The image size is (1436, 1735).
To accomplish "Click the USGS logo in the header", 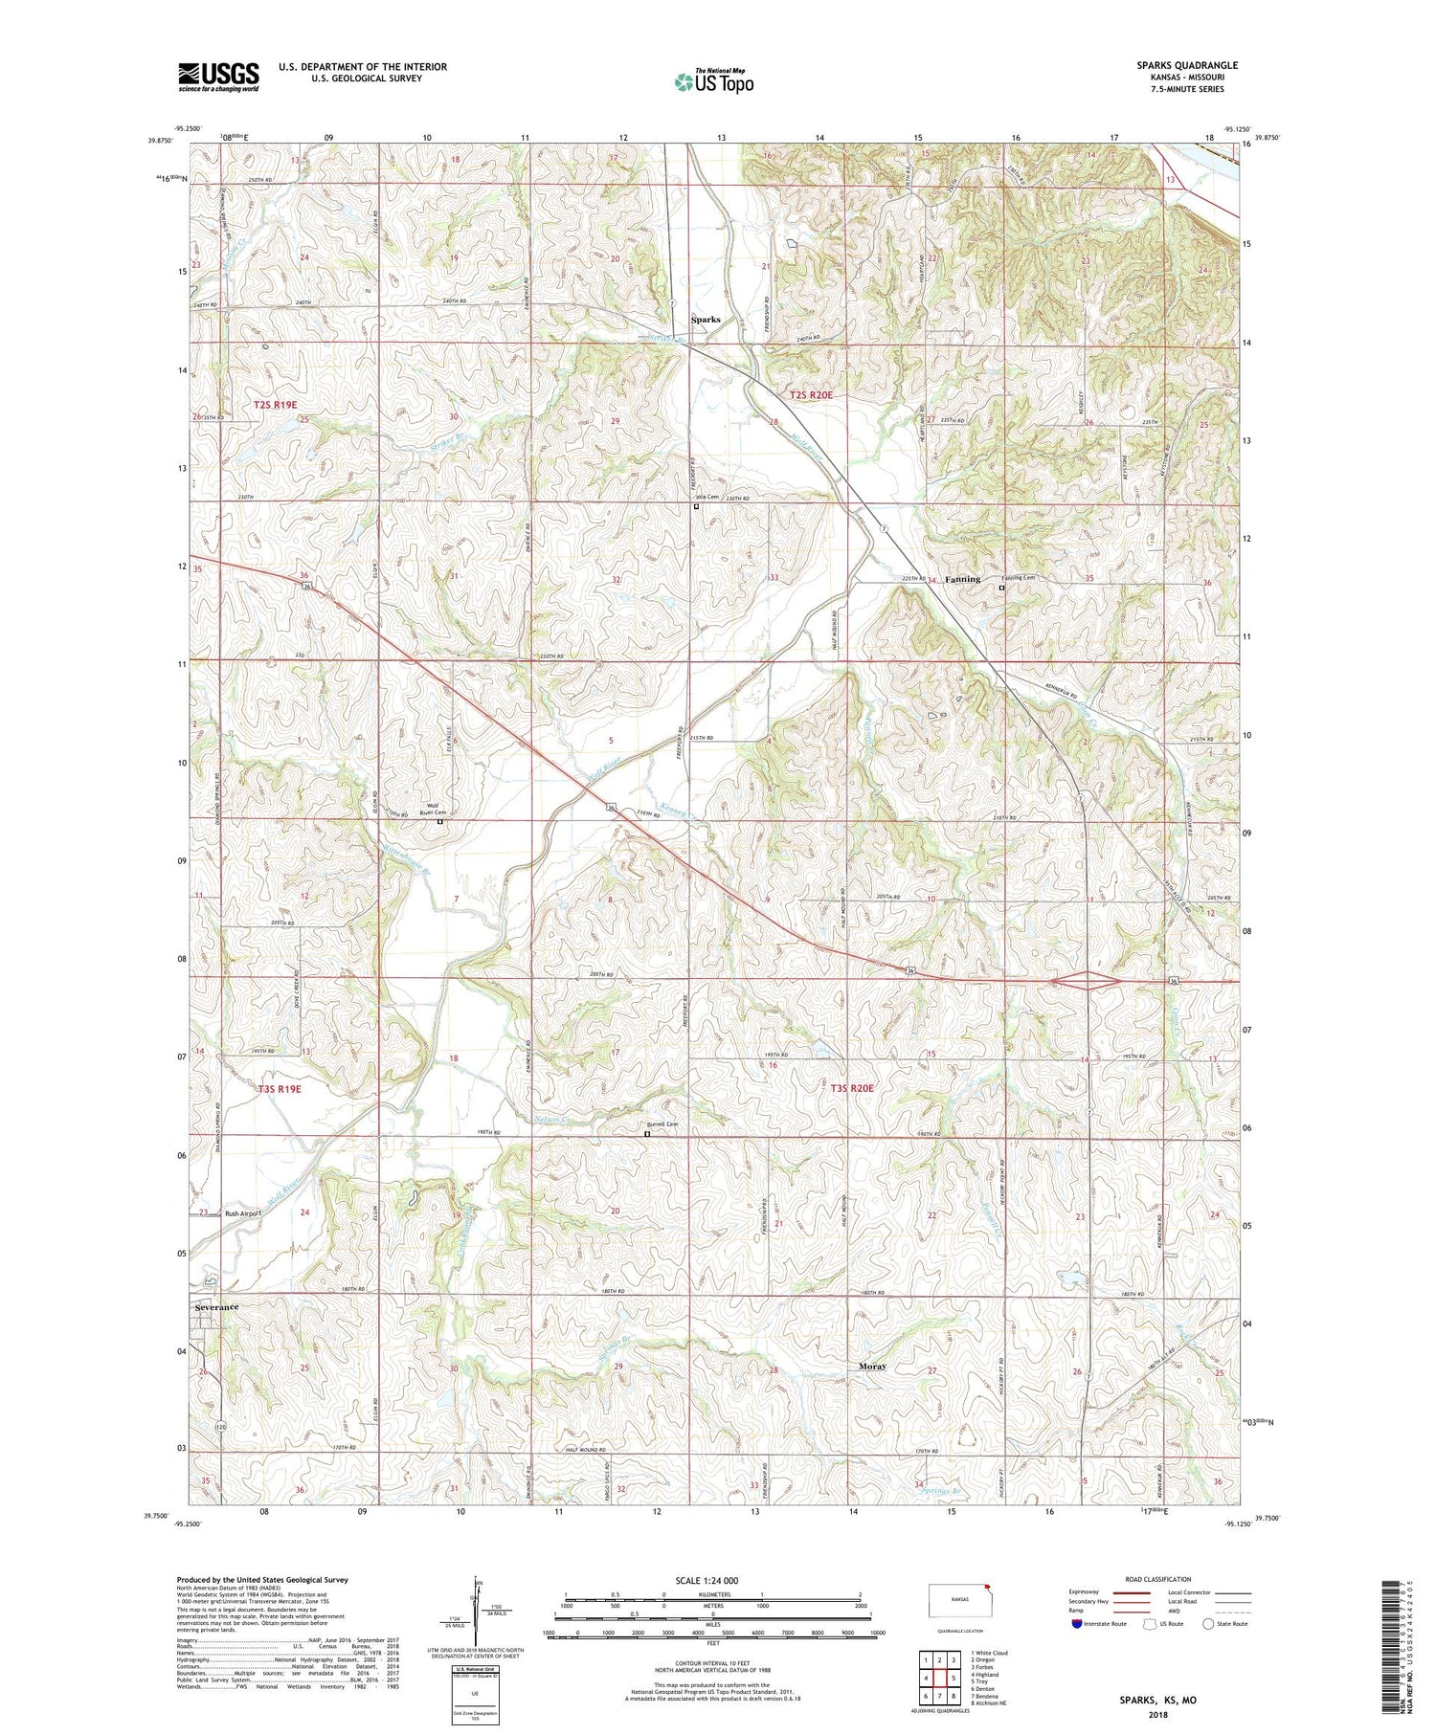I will coord(218,77).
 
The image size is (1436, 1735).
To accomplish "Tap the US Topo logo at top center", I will coord(713,81).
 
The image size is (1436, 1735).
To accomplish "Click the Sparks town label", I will coord(707,320).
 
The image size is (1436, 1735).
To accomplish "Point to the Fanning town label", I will coord(962,579).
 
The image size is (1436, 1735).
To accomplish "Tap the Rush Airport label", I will coord(243,1213).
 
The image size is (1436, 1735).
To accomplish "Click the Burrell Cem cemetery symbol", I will coord(646,1135).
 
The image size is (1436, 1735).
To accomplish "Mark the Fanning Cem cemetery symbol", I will coord(1002,589).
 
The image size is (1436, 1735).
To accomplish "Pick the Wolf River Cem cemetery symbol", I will coord(440,821).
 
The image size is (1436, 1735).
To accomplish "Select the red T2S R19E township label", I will coord(278,406).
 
